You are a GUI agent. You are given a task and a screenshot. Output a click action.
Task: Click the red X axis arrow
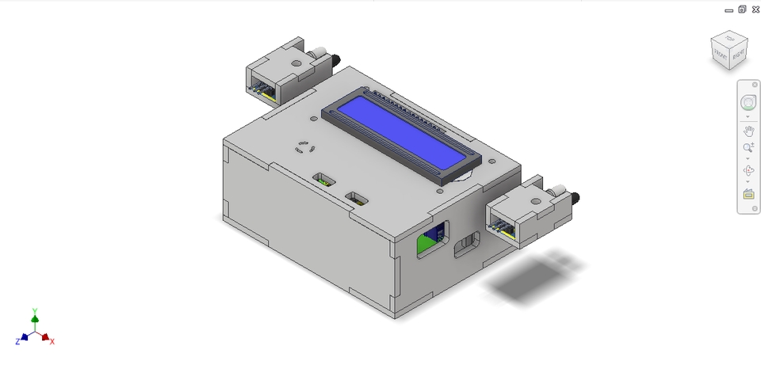coord(47,336)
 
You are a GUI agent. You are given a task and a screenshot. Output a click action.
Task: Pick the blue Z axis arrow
coord(24,336)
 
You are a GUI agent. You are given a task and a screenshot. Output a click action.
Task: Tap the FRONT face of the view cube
coord(721,55)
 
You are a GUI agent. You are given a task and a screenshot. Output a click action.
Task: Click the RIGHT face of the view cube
coord(737,55)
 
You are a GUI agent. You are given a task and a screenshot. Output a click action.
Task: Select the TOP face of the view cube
coord(729,39)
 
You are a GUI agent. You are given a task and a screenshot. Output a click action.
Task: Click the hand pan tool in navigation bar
coord(748,130)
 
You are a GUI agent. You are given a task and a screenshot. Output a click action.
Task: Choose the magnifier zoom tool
coord(748,148)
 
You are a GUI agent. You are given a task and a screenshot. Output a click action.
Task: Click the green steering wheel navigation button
coord(748,103)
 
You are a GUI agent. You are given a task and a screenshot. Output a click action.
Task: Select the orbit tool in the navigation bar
coord(748,170)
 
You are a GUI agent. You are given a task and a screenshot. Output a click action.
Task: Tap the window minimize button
coord(729,10)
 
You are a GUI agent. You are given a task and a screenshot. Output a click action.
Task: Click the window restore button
coord(742,10)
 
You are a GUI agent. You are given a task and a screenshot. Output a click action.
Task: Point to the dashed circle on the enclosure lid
coord(304,147)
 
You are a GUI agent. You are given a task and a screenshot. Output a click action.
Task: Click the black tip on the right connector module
coord(576,196)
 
